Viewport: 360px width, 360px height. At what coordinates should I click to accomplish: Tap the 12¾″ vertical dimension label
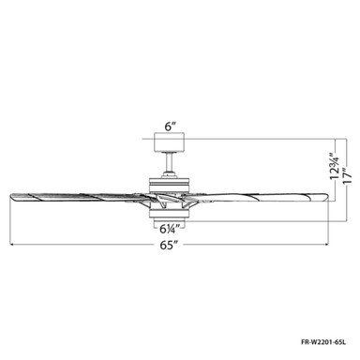pyautogui.click(x=335, y=166)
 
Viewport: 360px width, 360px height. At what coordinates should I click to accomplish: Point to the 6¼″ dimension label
pyautogui.click(x=171, y=230)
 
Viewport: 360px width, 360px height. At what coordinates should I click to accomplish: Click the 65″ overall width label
pyautogui.click(x=169, y=246)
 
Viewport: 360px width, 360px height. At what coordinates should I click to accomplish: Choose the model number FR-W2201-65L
pyautogui.click(x=323, y=342)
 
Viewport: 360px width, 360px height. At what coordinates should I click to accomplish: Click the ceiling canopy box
pyautogui.click(x=170, y=142)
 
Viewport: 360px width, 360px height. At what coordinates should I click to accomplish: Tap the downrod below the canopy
pyautogui.click(x=169, y=162)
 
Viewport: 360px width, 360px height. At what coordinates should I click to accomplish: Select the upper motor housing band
pyautogui.click(x=169, y=185)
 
